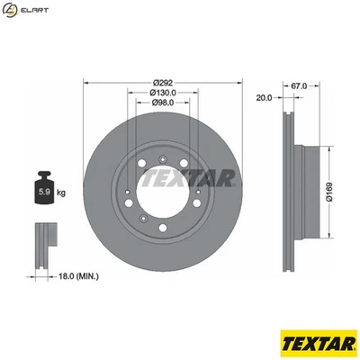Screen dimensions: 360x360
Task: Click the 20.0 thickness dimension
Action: click(x=264, y=97)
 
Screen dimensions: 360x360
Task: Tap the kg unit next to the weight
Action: click(x=60, y=193)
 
